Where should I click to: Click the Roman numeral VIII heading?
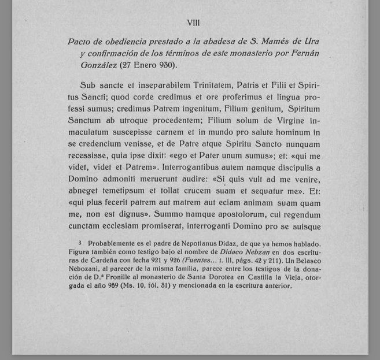coord(194,23)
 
